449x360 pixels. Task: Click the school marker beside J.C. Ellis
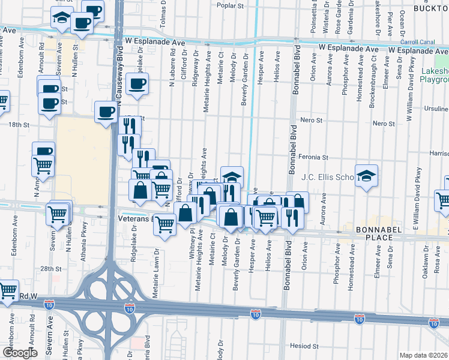pos(366,176)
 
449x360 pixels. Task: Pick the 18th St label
pos(19,124)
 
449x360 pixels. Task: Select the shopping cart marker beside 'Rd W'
pos(7,291)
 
